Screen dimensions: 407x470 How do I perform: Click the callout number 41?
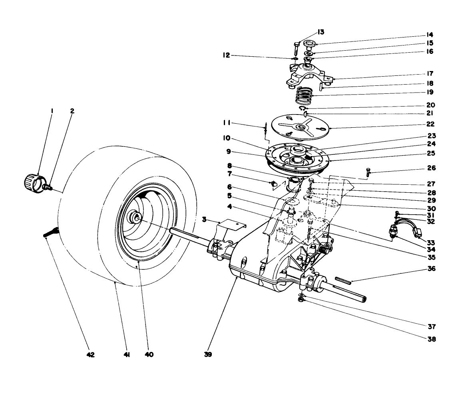point(127,354)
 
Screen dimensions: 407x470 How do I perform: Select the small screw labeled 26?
point(368,172)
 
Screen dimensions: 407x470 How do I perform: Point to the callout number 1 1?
point(229,123)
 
